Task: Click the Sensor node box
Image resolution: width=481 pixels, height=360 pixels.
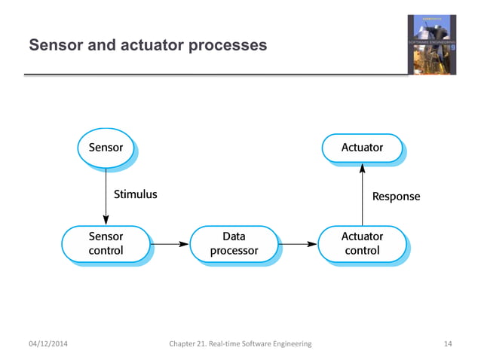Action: click(x=106, y=148)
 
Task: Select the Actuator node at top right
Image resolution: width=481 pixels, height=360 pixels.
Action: click(x=362, y=148)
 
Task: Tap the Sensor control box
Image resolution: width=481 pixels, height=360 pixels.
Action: click(x=106, y=243)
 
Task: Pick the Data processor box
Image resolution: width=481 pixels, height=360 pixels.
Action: click(x=234, y=243)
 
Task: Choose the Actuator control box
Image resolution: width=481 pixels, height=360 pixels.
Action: click(x=362, y=243)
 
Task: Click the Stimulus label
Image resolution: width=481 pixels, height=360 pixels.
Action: click(x=135, y=194)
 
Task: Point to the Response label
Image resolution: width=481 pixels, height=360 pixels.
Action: click(x=396, y=197)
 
